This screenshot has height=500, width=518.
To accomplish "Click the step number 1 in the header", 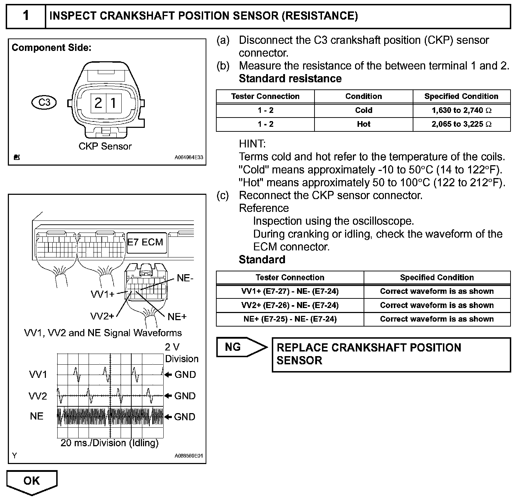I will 26,16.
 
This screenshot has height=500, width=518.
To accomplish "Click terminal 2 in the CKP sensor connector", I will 98,103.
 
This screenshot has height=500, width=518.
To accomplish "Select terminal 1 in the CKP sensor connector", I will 113,103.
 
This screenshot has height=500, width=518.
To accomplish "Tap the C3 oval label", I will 44,103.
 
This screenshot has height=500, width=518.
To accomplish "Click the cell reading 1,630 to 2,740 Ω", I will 461,110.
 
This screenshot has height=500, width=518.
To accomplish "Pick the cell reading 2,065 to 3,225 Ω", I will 461,124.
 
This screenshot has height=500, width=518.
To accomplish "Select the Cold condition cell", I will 363,110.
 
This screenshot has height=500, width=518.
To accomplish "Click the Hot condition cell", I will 363,124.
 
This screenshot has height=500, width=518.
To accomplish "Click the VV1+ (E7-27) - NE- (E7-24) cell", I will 290,291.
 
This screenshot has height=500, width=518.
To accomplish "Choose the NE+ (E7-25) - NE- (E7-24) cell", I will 290,319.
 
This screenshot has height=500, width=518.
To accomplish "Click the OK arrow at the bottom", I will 32,481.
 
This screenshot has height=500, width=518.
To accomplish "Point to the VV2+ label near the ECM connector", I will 102,316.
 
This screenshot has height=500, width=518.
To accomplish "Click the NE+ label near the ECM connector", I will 177,317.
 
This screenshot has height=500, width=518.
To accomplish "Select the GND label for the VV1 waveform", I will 185,375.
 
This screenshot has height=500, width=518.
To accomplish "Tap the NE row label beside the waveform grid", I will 37,416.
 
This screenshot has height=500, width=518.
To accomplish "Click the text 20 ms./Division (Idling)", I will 110,443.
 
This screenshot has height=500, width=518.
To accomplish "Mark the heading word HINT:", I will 252,144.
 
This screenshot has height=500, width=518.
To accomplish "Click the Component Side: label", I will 52,48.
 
